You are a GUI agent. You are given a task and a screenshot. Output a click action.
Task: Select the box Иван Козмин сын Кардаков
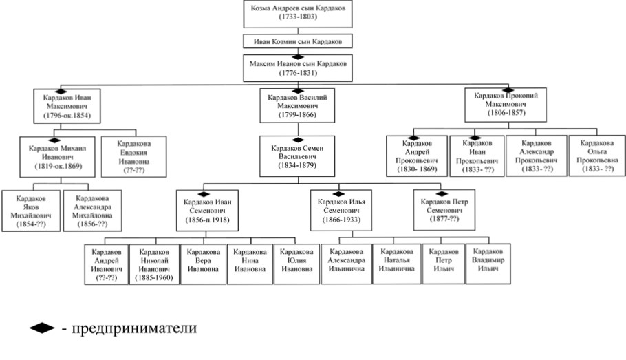pos(298,41)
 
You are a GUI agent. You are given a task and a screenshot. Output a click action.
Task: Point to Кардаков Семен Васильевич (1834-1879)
pos(298,156)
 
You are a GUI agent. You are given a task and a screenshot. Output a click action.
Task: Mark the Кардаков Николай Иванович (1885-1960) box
pos(154,264)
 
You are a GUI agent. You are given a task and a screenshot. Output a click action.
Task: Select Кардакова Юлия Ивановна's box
pos(297,264)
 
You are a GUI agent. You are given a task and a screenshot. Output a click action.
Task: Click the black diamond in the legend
pos(42,328)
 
